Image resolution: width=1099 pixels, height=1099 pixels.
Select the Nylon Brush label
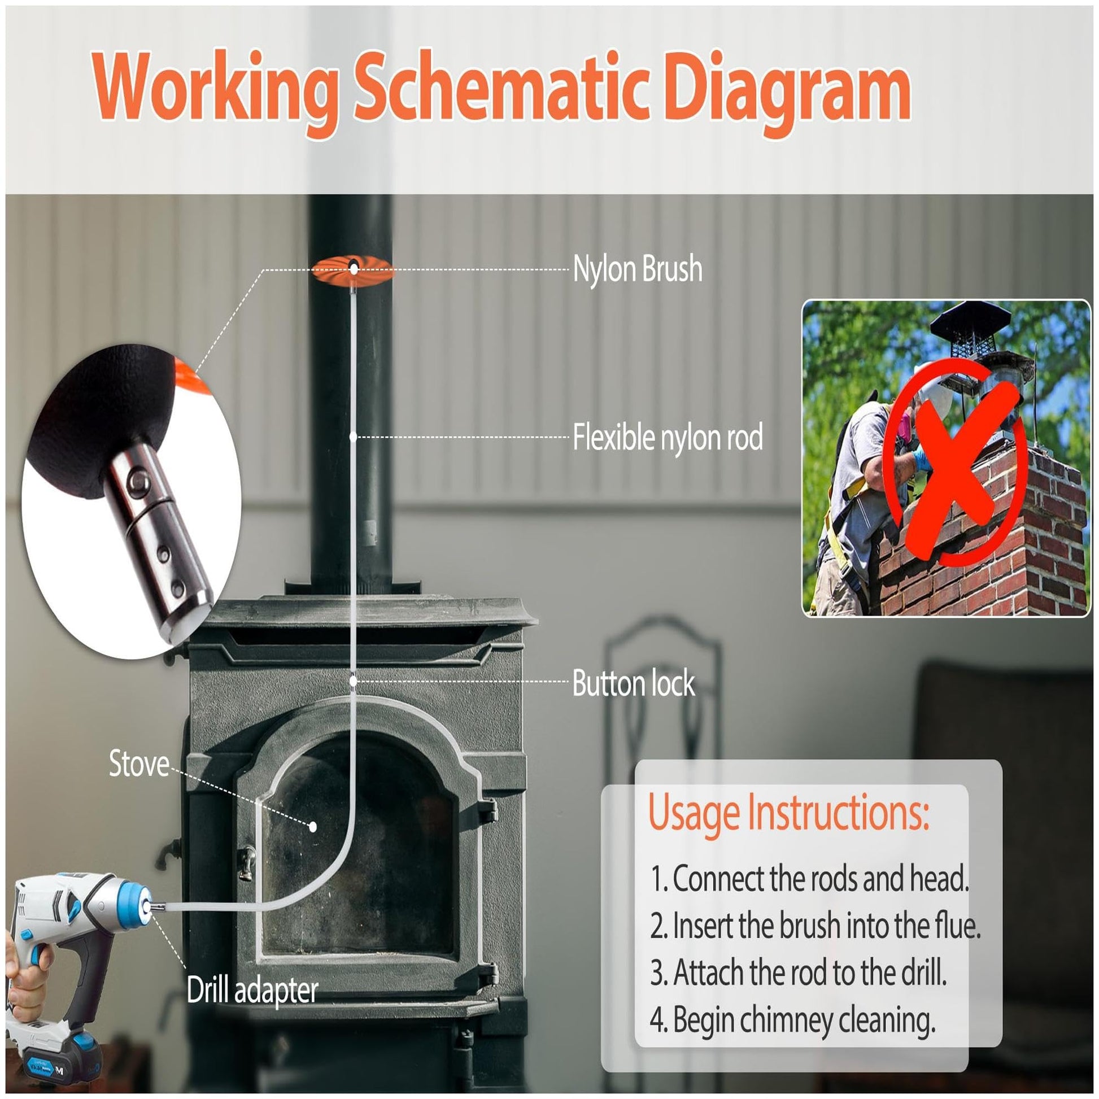point(637,269)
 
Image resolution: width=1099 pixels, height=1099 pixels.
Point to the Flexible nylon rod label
point(668,438)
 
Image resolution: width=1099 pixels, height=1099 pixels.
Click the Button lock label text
point(633,683)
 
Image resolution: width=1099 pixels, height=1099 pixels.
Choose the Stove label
point(139,764)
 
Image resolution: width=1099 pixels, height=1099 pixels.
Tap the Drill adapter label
point(252,991)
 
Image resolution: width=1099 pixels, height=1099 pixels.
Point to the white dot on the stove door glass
point(312,827)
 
